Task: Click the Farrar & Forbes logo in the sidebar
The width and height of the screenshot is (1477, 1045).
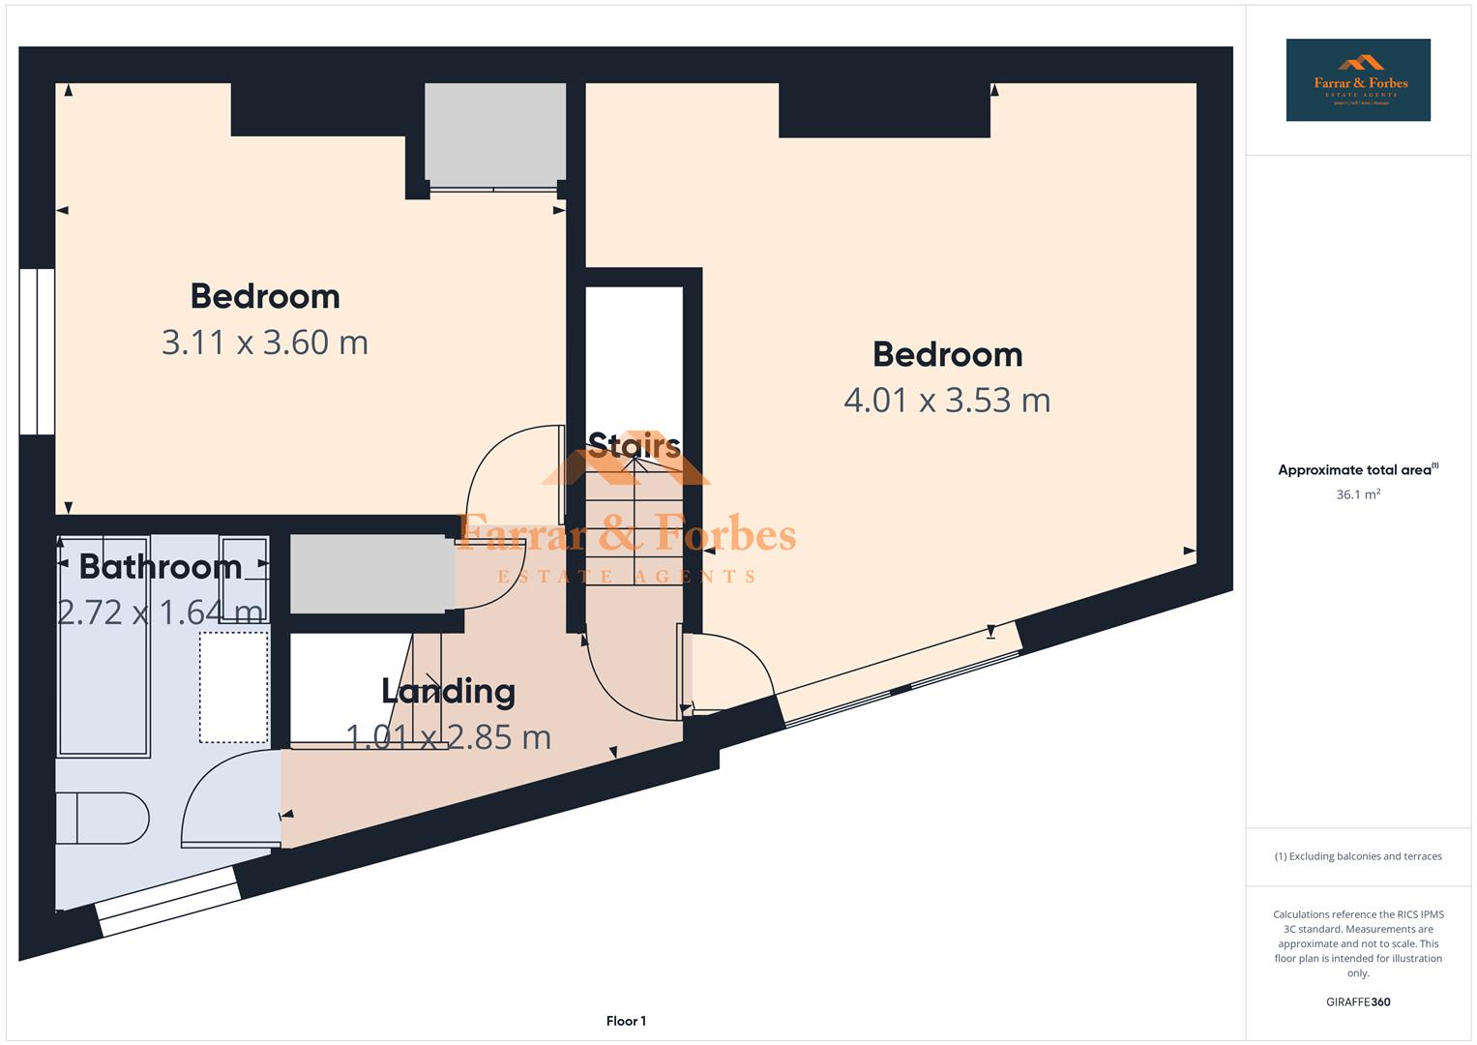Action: tap(1357, 80)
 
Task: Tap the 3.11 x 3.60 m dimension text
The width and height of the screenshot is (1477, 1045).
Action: tap(264, 343)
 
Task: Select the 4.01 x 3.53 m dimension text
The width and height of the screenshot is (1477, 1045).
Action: tap(946, 400)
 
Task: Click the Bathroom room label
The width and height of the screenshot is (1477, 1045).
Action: tap(161, 566)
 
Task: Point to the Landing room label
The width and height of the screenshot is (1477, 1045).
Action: tap(448, 691)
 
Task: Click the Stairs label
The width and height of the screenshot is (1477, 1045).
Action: tap(634, 445)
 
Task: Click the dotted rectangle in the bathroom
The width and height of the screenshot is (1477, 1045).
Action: tap(234, 687)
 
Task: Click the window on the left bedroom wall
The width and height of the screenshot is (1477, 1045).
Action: tap(37, 351)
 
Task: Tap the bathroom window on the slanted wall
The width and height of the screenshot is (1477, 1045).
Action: tap(169, 902)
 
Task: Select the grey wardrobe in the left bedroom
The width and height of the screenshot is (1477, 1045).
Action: tap(494, 134)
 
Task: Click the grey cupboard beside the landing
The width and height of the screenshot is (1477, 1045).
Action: tap(371, 574)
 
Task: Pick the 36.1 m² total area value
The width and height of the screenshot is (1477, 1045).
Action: tap(1357, 494)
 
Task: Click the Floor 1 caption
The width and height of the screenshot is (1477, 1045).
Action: tap(626, 1021)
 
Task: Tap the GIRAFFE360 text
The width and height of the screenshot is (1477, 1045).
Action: tap(1357, 1001)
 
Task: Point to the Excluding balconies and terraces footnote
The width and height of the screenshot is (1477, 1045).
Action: tap(1357, 856)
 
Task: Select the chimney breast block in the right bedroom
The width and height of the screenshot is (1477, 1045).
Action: tap(883, 109)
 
